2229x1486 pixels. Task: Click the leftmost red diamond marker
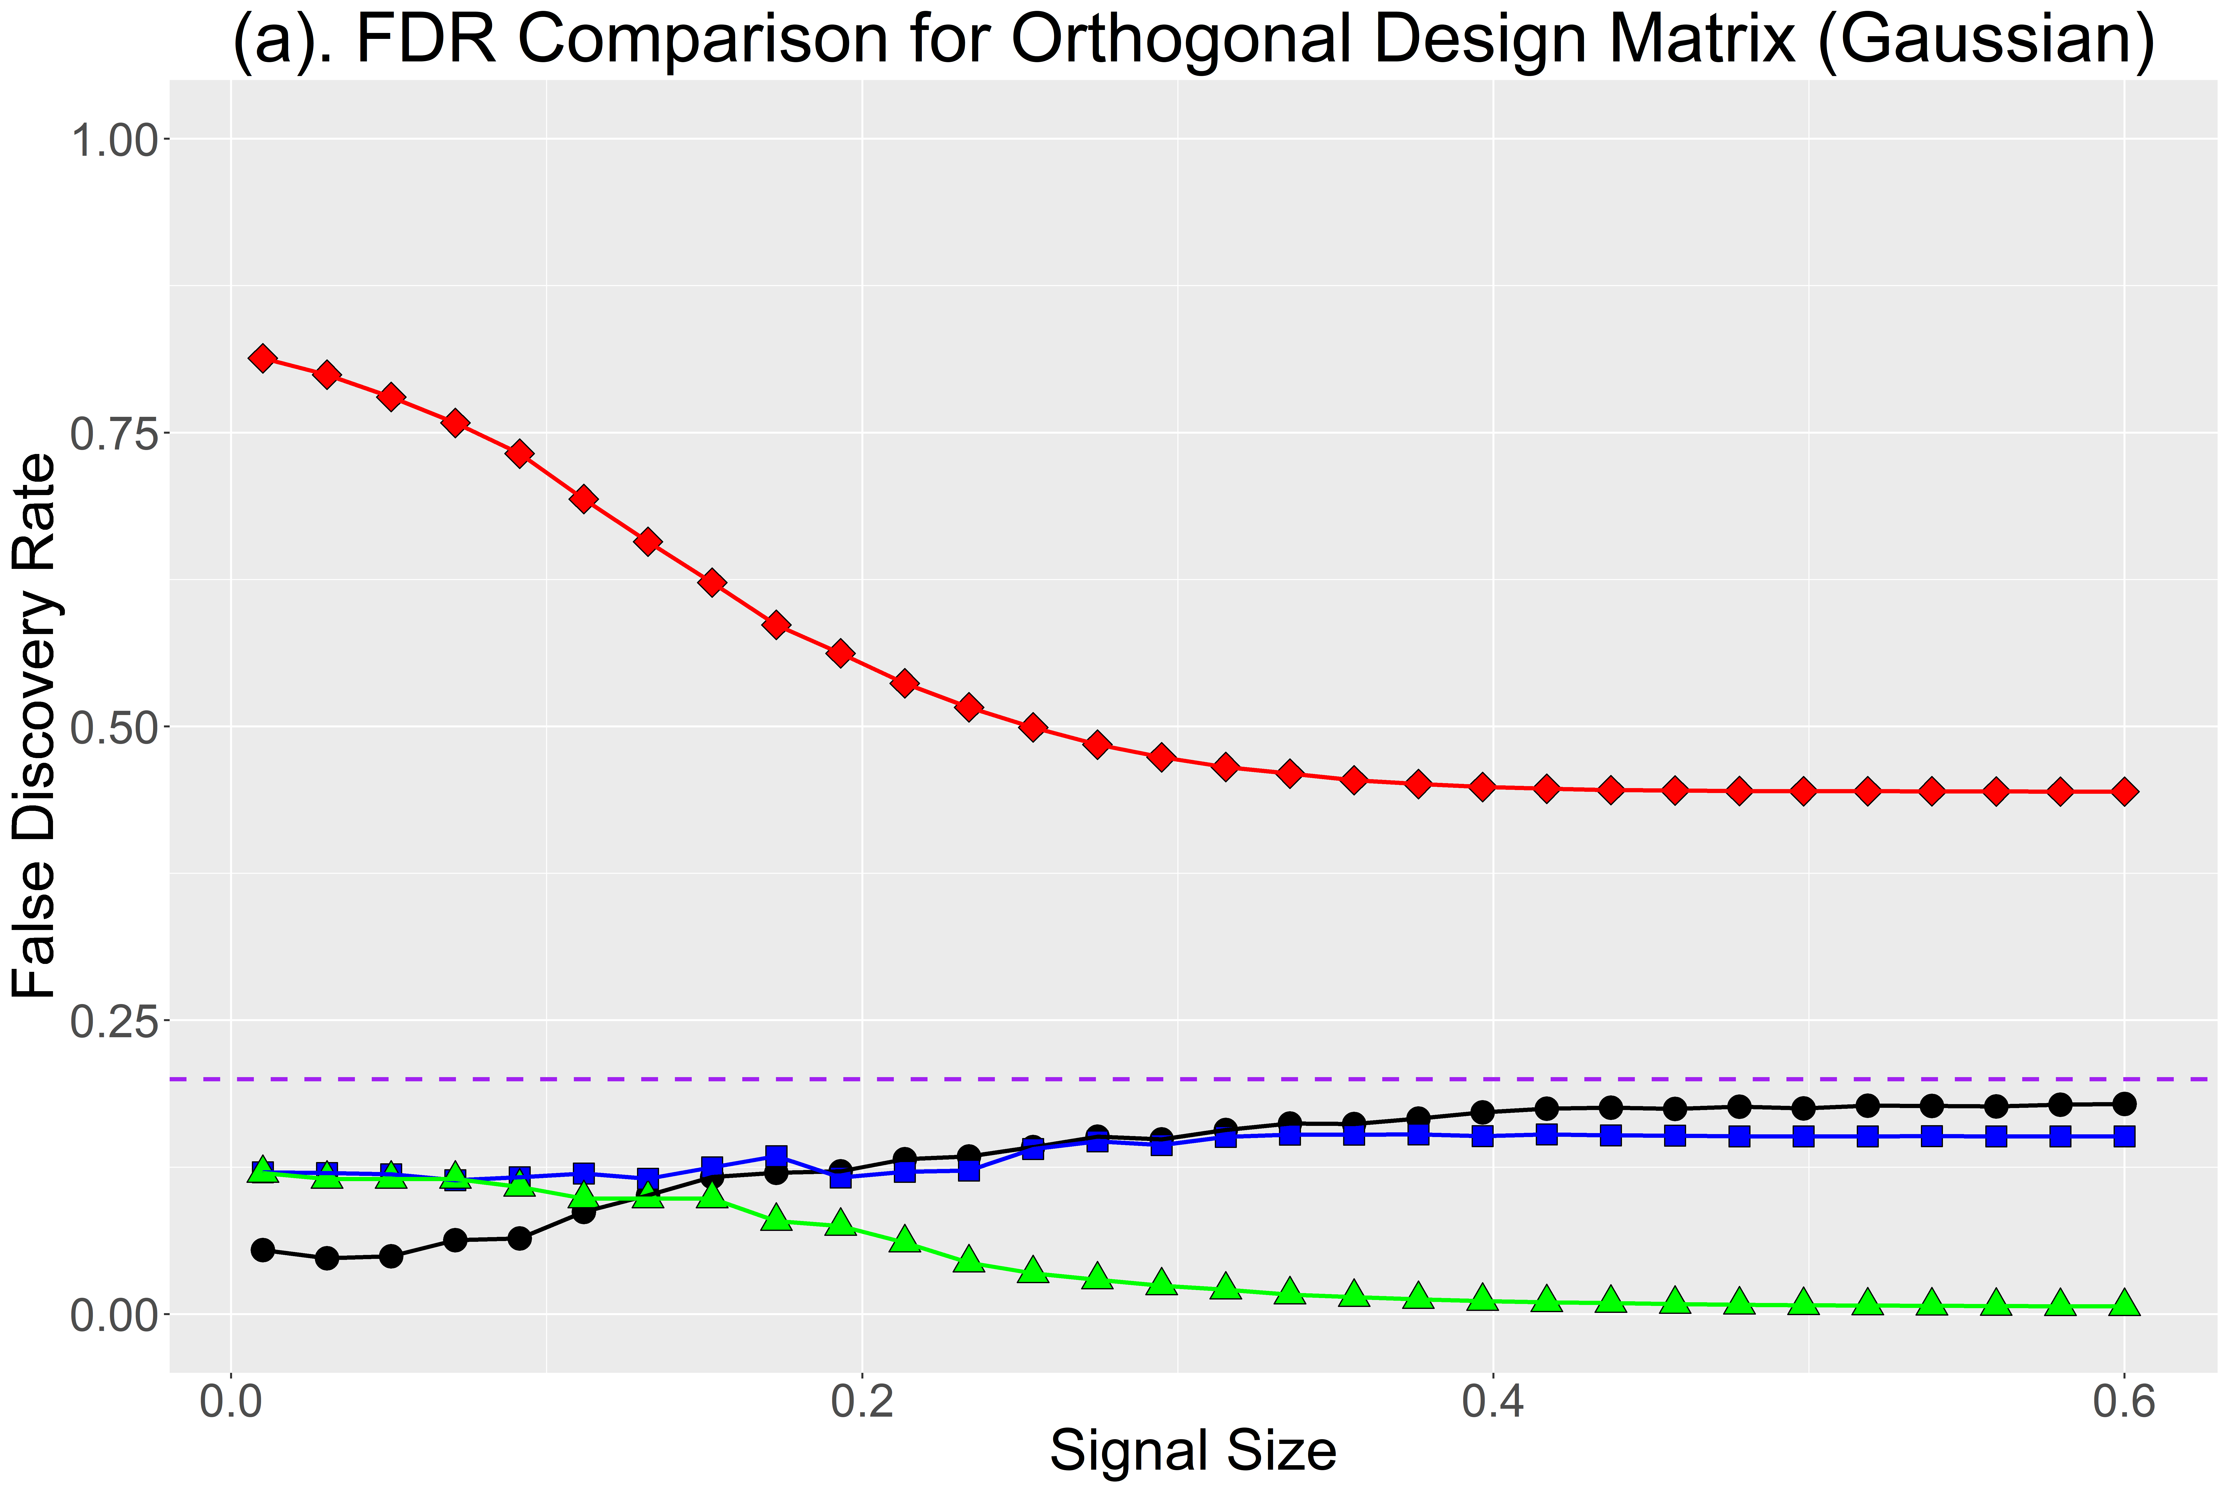(263, 358)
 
